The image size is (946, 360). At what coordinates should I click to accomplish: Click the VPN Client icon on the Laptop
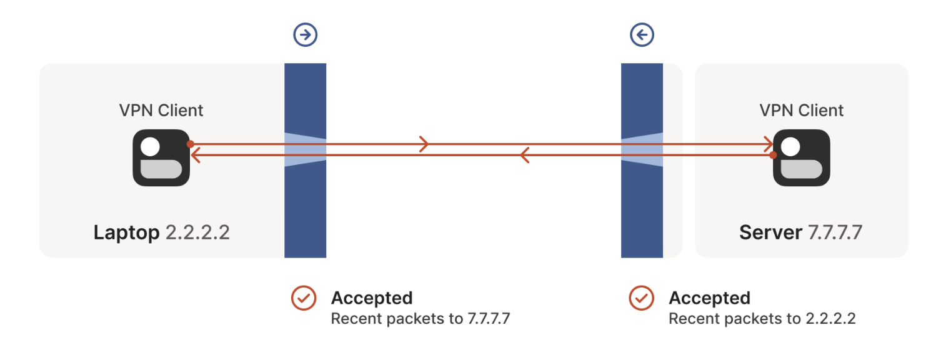click(x=161, y=157)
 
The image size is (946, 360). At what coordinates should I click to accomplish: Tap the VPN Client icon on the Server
click(x=802, y=157)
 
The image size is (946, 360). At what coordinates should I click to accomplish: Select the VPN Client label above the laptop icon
click(x=161, y=111)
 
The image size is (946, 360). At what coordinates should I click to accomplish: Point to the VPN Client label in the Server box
click(x=802, y=111)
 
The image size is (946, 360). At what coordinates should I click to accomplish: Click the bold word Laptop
click(x=126, y=233)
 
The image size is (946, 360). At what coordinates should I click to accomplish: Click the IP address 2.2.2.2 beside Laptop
click(x=197, y=233)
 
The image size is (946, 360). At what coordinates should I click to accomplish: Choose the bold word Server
click(x=770, y=233)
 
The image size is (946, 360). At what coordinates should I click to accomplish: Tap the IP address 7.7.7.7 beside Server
click(x=835, y=233)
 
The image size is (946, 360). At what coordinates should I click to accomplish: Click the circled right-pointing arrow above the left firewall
click(x=306, y=35)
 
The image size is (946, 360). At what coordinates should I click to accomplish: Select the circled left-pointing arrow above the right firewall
click(x=642, y=35)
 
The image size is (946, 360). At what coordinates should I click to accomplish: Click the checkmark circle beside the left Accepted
click(x=304, y=298)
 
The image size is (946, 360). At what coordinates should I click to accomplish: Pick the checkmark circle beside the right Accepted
click(x=641, y=298)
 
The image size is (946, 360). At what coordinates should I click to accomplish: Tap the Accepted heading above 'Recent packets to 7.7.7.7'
click(x=372, y=298)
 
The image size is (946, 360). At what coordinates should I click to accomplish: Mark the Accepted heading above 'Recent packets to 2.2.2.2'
click(x=709, y=298)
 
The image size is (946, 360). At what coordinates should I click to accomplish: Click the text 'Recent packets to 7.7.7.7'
click(x=421, y=319)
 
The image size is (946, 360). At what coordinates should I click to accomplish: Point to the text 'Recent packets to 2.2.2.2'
click(x=762, y=319)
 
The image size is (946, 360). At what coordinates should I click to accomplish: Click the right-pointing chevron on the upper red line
click(x=424, y=144)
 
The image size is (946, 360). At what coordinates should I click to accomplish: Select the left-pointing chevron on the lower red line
click(x=525, y=155)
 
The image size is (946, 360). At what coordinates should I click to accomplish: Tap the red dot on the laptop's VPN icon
click(x=190, y=144)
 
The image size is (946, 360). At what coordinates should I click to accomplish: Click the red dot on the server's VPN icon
click(x=773, y=155)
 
